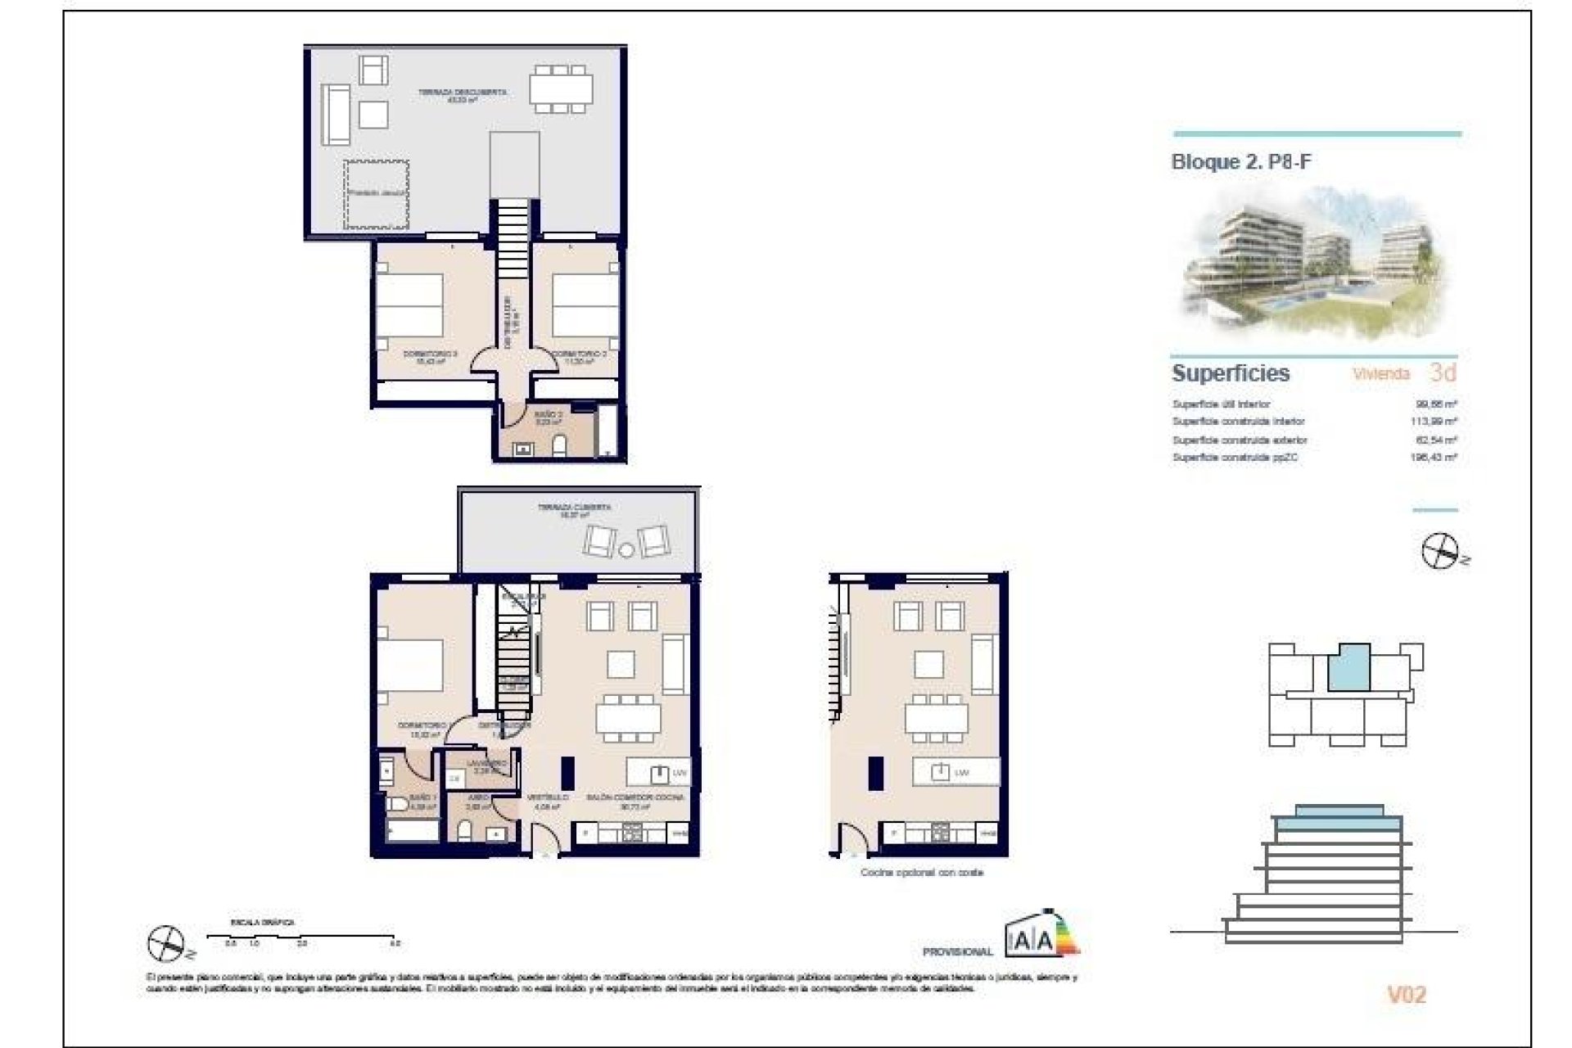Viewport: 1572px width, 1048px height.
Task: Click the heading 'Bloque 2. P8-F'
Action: [x=1240, y=162]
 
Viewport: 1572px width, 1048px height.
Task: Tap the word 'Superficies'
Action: [x=1230, y=373]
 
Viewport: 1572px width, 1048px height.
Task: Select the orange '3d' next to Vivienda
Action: [x=1443, y=373]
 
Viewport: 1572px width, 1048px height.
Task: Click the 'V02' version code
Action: [x=1406, y=995]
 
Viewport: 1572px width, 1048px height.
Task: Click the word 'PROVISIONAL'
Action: [x=957, y=951]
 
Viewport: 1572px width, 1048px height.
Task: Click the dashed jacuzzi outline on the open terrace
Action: [x=376, y=195]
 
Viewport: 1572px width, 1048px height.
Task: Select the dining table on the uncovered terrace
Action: [x=560, y=88]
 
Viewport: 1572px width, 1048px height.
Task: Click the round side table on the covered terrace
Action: [x=626, y=549]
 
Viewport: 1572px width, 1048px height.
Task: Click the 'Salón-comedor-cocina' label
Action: [x=635, y=797]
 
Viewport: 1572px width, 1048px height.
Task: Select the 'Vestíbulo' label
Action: [x=547, y=797]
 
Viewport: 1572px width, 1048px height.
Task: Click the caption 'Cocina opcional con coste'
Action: [x=921, y=873]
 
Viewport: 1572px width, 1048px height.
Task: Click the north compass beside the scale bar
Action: [x=166, y=944]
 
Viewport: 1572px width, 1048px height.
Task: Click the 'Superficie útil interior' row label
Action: [x=1221, y=404]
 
